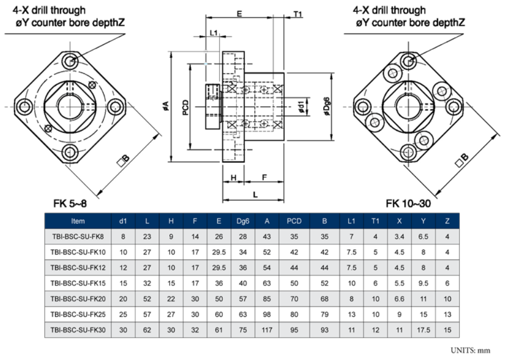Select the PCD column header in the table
pyautogui.click(x=294, y=221)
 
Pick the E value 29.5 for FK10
pyautogui.click(x=218, y=252)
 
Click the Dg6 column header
pyautogui.click(x=243, y=221)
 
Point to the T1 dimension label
pyautogui.click(x=298, y=14)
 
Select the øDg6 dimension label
pyautogui.click(x=326, y=107)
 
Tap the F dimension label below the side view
pyautogui.click(x=264, y=177)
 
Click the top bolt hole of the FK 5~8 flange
pyautogui.click(x=69, y=61)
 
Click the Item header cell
pyautogui.click(x=77, y=221)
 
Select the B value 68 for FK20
pyautogui.click(x=324, y=298)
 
